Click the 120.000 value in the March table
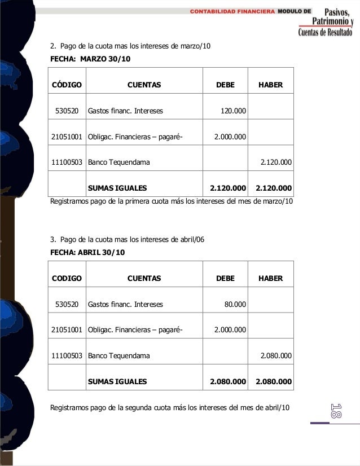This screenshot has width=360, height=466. click(233, 111)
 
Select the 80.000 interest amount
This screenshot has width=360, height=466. click(235, 304)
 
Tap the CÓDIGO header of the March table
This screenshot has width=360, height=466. click(67, 85)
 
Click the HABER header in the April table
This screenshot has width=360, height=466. click(270, 278)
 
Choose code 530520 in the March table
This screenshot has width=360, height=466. click(67, 111)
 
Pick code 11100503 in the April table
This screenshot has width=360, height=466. click(67, 356)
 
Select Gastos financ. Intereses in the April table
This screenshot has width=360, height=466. click(125, 304)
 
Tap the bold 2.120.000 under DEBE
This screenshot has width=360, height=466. click(228, 188)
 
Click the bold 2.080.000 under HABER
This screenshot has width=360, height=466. click(274, 382)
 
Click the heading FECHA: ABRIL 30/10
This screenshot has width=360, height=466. click(87, 252)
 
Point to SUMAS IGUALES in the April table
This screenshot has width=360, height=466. click(117, 382)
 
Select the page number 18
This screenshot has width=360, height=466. click(336, 411)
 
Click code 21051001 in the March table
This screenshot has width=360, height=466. click(67, 137)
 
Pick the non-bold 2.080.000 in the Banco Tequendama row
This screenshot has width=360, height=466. click(275, 356)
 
